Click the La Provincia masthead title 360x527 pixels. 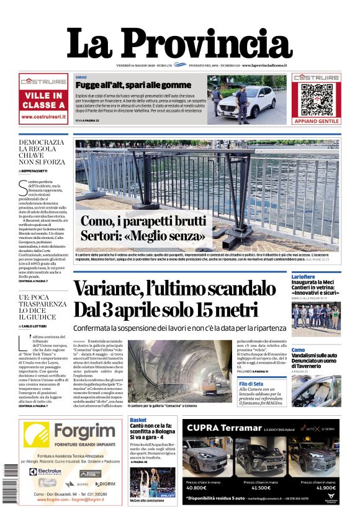coord(179,44)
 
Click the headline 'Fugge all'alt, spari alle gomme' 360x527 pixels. coord(133,85)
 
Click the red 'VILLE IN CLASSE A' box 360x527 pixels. coord(43,100)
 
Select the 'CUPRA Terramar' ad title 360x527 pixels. coord(222,428)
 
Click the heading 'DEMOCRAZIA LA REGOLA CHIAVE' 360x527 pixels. coord(41,150)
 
